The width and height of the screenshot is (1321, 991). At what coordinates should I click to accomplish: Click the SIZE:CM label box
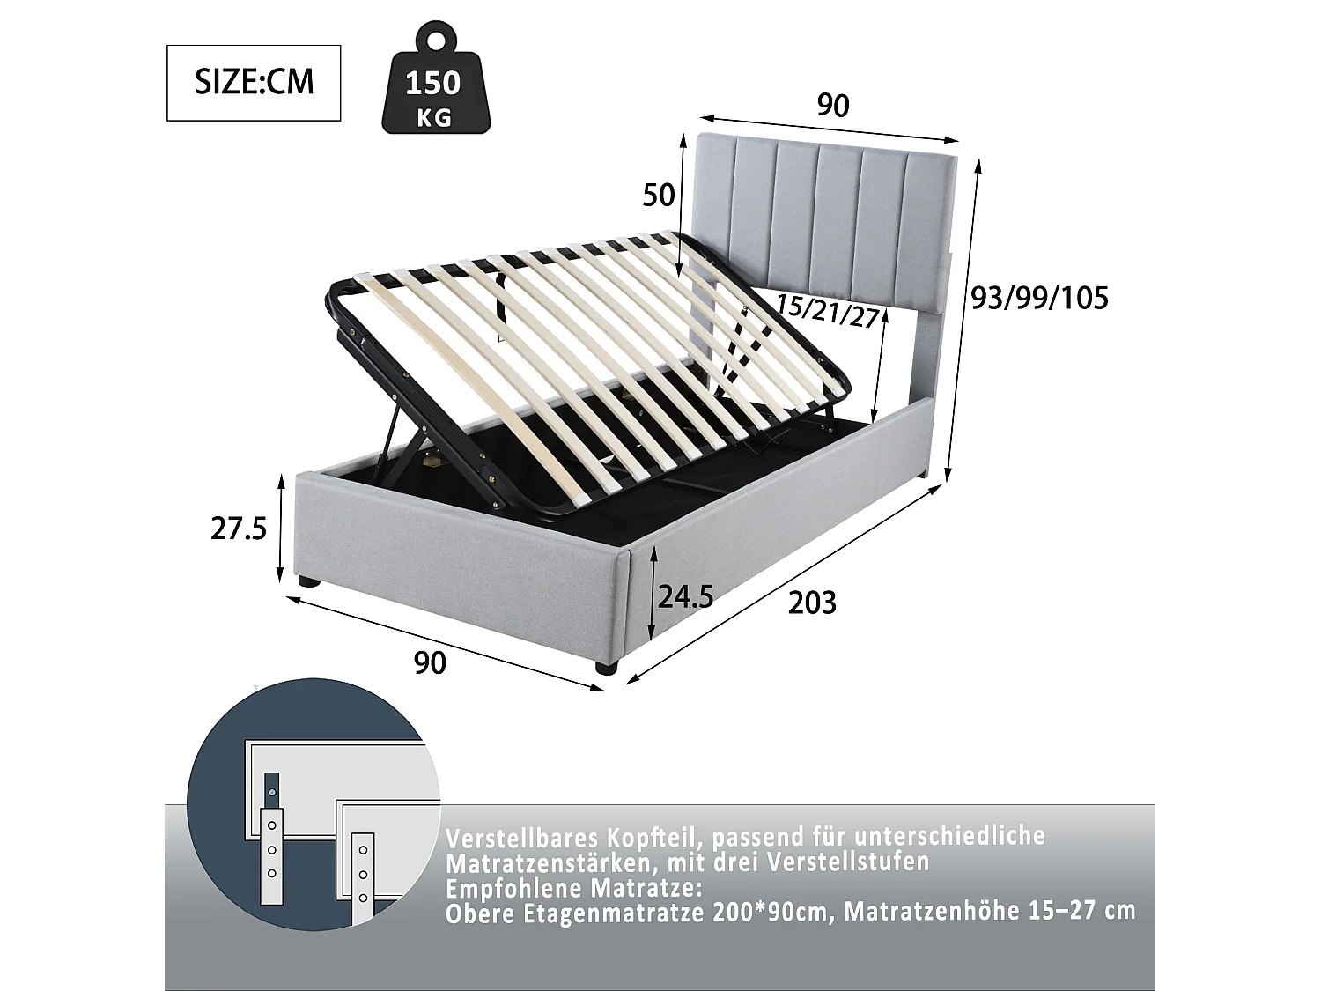coord(254,83)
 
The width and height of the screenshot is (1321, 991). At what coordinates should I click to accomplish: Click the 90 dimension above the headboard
coord(832,106)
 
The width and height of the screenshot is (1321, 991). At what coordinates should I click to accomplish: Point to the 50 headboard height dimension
coord(659,195)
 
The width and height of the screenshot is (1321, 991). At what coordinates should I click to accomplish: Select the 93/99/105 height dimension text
coord(1039,300)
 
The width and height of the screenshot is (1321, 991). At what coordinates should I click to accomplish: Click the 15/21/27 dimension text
coord(828,311)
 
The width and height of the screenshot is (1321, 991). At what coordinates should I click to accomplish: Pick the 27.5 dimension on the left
coord(239,529)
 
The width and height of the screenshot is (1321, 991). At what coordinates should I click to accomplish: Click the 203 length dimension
coord(812,603)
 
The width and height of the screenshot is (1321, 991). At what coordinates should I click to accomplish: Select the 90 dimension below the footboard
coord(430,663)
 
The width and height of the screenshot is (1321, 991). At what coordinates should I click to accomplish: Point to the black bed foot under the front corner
coord(605,669)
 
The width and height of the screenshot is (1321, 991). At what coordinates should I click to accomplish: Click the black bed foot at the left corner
coord(306,582)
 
